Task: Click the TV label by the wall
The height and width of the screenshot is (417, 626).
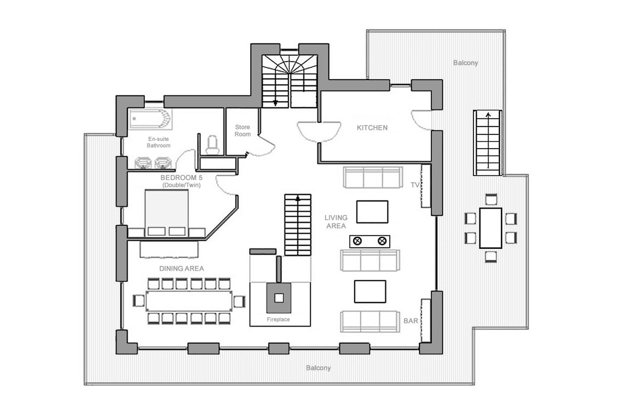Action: [x=415, y=185]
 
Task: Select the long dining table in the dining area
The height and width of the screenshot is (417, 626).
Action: [x=189, y=301]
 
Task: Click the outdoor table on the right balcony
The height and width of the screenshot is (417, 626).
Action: [x=490, y=228]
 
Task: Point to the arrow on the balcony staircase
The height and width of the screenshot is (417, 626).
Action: [x=488, y=115]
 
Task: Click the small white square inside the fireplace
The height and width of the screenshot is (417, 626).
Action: [x=279, y=298]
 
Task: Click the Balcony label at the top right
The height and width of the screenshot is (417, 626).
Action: [x=465, y=63]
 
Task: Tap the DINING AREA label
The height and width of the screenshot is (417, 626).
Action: [x=181, y=268]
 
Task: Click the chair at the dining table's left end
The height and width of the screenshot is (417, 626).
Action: [x=139, y=301]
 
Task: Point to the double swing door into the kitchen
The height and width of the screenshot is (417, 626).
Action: [x=319, y=132]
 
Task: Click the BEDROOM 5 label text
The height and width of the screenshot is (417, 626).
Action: [x=181, y=177]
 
